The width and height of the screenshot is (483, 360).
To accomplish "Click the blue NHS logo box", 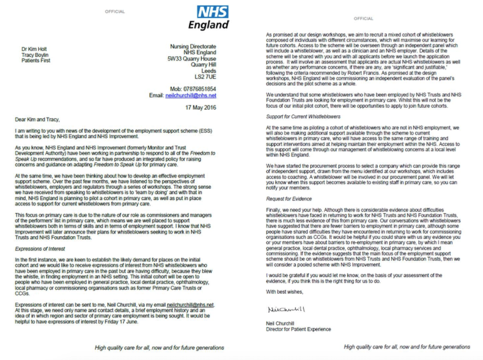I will click(x=213, y=12).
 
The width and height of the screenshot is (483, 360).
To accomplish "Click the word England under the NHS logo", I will click(x=208, y=24).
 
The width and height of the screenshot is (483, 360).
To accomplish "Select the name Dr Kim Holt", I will click(x=33, y=49).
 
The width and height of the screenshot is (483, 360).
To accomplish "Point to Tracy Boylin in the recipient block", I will click(x=35, y=55).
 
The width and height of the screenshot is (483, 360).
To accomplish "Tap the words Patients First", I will click(x=36, y=61).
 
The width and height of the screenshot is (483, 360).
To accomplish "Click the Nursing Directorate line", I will click(x=193, y=47).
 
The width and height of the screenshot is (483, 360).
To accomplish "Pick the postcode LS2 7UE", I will click(x=205, y=77).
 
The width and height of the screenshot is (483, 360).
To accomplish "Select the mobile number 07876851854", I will click(x=200, y=89).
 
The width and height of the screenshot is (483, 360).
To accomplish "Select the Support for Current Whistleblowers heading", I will click(x=303, y=116).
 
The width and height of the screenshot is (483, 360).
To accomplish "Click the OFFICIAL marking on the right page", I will click(x=363, y=19).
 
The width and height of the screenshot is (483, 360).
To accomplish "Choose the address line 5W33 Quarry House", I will click(x=192, y=59).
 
